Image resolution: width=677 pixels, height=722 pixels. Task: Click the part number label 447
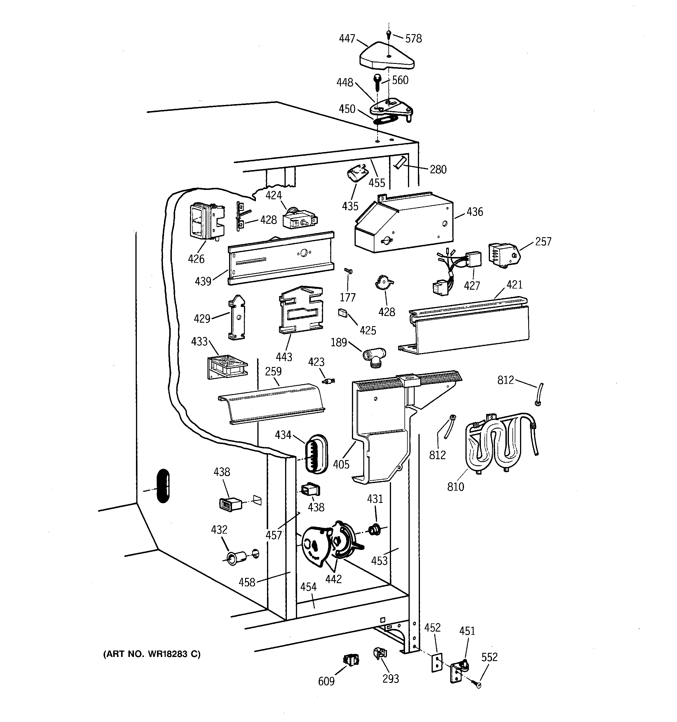tap(347, 39)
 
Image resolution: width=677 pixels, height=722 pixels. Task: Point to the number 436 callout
tap(474, 212)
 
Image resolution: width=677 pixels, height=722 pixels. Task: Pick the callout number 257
tap(543, 242)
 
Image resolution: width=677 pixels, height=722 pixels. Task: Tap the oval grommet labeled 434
tap(315, 454)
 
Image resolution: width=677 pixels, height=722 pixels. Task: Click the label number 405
tap(341, 464)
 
